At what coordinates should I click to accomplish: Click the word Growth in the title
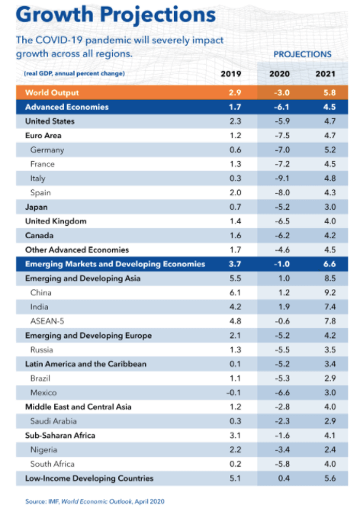point(55,14)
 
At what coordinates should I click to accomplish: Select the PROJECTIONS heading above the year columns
point(303,54)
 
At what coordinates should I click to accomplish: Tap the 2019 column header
point(230,73)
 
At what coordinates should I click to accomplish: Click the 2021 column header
point(325,73)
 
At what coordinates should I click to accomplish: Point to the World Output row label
point(52,92)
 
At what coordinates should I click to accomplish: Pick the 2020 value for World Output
point(282,92)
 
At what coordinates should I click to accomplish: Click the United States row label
point(50,121)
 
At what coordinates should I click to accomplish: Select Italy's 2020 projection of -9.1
point(282,179)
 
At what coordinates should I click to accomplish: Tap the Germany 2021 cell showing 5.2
point(329,150)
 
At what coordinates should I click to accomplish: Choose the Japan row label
point(36,208)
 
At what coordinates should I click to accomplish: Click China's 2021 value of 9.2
point(329,293)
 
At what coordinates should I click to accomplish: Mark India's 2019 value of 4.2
point(235,307)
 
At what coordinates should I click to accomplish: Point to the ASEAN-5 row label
point(47,321)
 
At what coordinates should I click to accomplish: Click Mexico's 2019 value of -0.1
point(233,392)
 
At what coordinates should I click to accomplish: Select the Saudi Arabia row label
point(53,421)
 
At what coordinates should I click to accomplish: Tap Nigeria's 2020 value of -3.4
point(282,449)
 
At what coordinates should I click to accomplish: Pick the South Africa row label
point(52,464)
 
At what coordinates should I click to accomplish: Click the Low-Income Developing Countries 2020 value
point(284,478)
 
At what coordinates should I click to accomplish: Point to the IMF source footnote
point(95,501)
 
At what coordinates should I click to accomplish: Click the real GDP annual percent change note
point(74,73)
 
